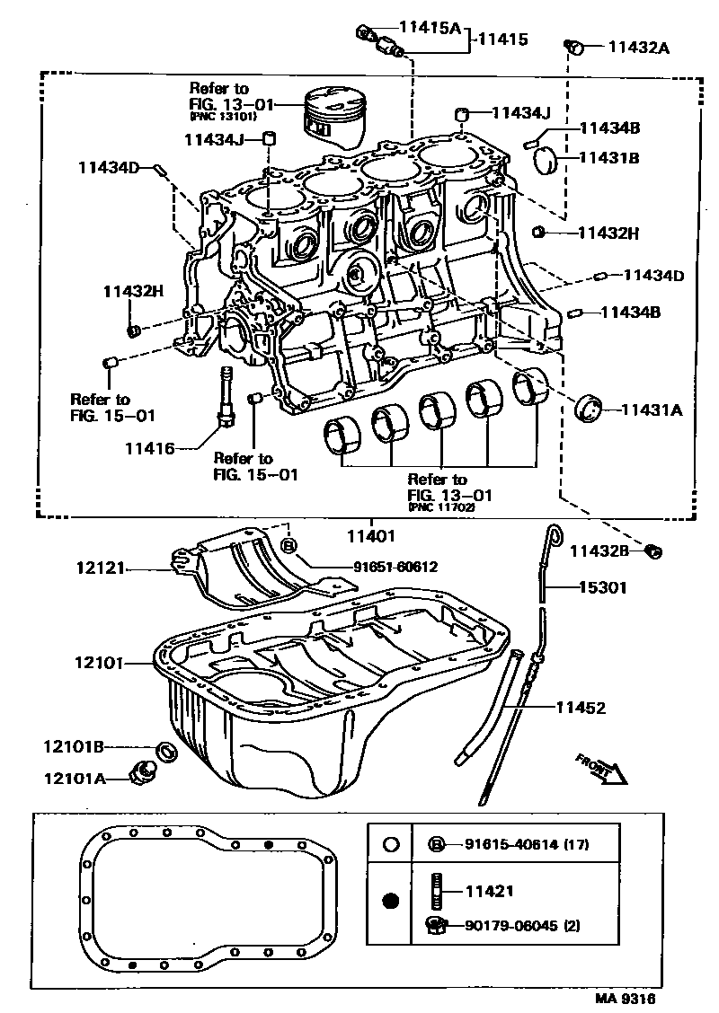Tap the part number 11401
(370, 536)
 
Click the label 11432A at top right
(638, 48)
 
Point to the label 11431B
(608, 157)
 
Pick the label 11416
(149, 446)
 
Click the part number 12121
(99, 568)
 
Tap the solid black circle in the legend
(390, 901)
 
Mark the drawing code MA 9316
(624, 999)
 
